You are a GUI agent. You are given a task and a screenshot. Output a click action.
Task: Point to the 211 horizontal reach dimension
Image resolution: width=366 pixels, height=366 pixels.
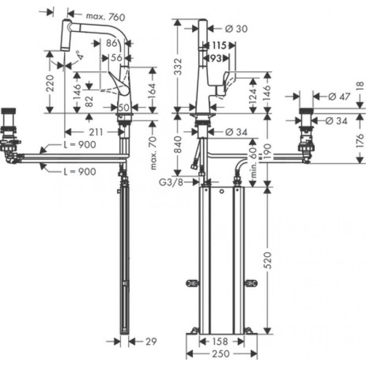(x=95, y=132)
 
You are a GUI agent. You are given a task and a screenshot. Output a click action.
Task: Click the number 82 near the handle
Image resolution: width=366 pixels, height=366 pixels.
(x=90, y=101)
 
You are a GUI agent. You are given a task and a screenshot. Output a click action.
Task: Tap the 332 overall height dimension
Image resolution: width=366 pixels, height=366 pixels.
(x=179, y=65)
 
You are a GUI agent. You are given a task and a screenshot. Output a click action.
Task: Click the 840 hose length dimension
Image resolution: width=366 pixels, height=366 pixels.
(x=179, y=144)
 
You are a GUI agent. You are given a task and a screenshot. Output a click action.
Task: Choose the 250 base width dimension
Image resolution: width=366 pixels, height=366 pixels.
(x=220, y=354)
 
